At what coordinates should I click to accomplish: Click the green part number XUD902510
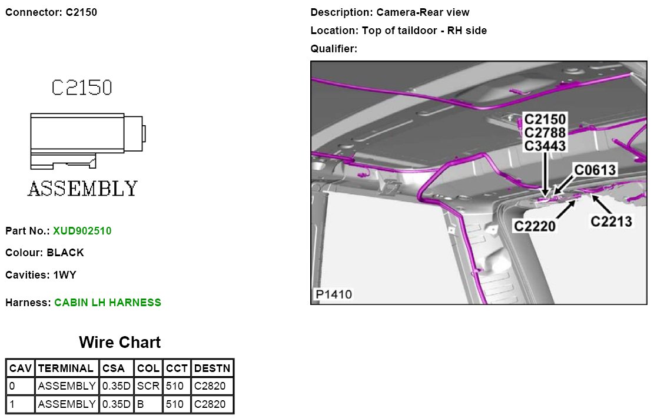[x=82, y=231]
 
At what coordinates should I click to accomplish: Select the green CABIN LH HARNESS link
[x=108, y=303]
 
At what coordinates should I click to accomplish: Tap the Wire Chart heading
[x=119, y=343]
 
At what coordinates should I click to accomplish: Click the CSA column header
[x=114, y=368]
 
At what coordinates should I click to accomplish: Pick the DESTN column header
[x=213, y=368]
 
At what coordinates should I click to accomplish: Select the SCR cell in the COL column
[x=148, y=386]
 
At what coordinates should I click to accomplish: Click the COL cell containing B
[x=140, y=404]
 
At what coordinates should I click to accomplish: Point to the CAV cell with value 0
[x=12, y=386]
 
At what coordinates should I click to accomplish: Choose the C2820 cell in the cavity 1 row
[x=210, y=404]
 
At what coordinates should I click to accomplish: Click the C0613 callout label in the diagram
[x=595, y=170]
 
